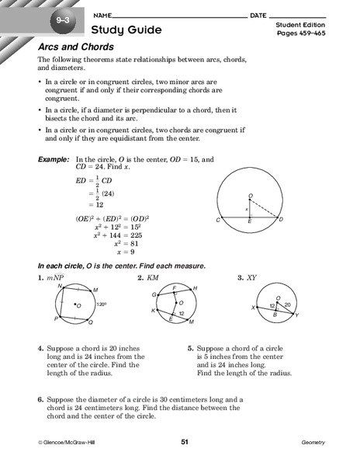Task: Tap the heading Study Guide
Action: tap(126, 30)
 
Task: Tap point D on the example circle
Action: tap(302, 220)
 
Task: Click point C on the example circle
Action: tap(220, 220)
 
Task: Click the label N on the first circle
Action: tap(60, 286)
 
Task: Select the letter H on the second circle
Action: tap(195, 287)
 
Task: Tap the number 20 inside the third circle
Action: tap(287, 305)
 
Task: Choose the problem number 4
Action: tap(40, 349)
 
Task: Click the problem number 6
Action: tap(40, 400)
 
